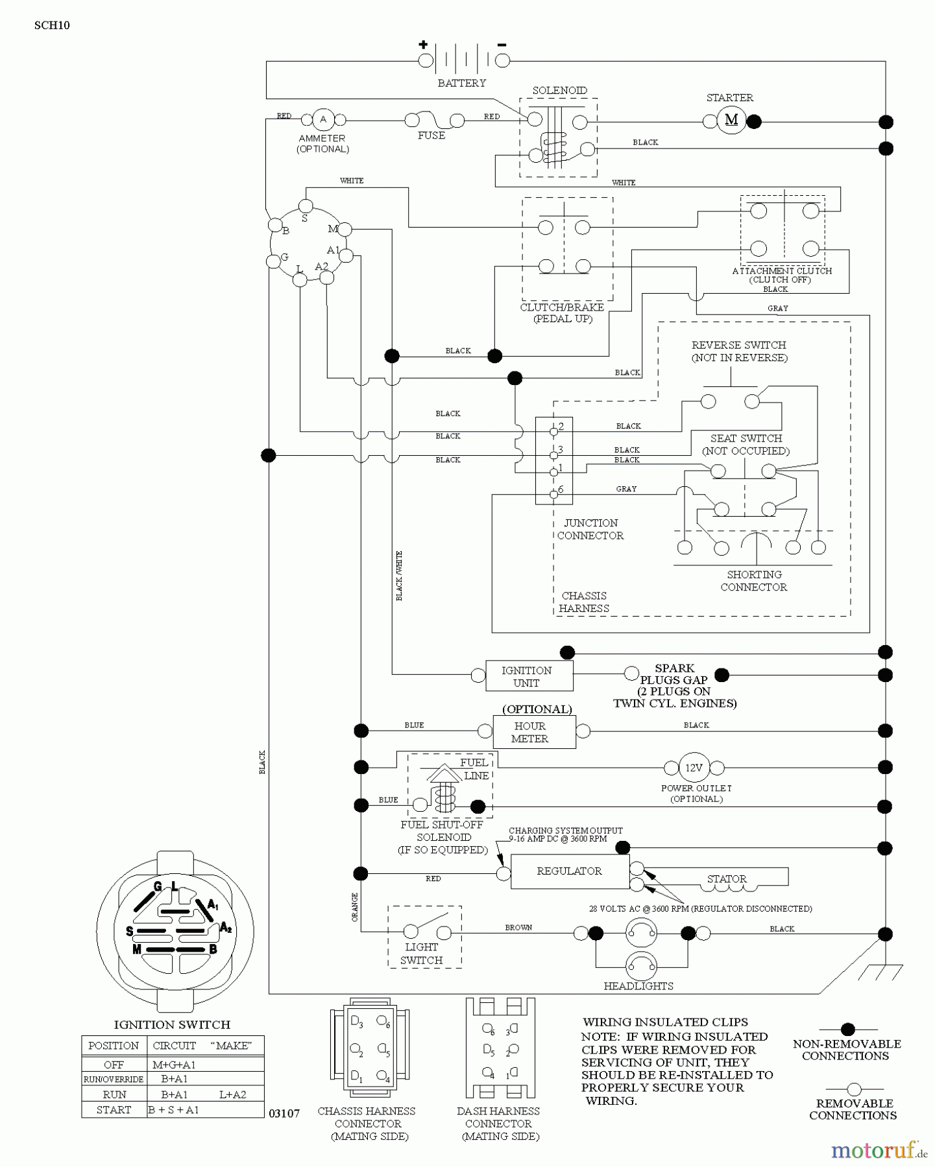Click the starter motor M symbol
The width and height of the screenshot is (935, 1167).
(731, 120)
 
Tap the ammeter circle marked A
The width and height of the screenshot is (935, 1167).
(323, 119)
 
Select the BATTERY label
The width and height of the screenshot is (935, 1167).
(461, 83)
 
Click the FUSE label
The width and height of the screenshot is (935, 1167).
(431, 136)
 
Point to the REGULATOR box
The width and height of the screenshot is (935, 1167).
(569, 871)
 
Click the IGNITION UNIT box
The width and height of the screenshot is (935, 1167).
(527, 676)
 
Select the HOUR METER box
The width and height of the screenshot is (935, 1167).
(530, 732)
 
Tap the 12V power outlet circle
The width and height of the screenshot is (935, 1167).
(694, 768)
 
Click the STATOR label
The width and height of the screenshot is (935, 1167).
(727, 879)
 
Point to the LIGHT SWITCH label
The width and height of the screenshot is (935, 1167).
(421, 954)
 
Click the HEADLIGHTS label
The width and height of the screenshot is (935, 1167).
(638, 986)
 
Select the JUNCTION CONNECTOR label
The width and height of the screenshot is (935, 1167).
(590, 529)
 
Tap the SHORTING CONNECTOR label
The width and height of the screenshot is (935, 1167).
(754, 581)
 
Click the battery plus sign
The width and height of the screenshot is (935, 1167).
(423, 45)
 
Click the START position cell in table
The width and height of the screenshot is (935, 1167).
(114, 1110)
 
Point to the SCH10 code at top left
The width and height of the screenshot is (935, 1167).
(52, 25)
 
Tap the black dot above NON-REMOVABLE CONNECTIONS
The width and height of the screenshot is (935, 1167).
(847, 1029)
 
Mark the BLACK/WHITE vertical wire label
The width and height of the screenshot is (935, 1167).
(399, 576)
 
